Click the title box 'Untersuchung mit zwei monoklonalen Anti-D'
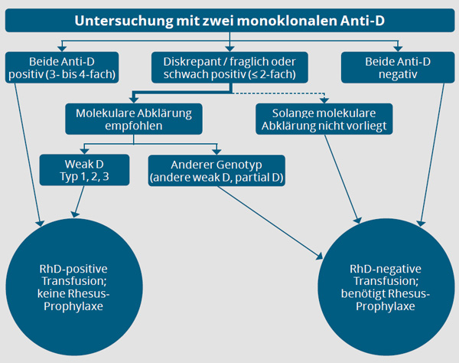tap(229, 20)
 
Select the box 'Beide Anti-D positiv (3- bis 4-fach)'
tap(62, 67)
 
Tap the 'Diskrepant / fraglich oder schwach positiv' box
tap(229, 67)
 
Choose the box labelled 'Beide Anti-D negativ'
tap(398, 67)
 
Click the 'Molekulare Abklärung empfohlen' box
tap(134, 119)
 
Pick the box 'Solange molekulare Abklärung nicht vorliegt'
tap(324, 119)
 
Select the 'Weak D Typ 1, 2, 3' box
tap(84, 170)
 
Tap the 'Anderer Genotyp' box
tap(216, 171)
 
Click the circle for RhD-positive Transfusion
tap(74, 287)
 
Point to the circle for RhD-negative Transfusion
tap(386, 287)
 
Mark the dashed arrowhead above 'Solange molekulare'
tap(324, 100)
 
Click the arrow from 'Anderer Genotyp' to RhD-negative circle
tap(270, 223)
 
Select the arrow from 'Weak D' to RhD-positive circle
tap(79, 201)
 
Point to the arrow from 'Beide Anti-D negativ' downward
tap(432, 155)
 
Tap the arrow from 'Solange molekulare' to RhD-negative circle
tap(342, 179)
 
